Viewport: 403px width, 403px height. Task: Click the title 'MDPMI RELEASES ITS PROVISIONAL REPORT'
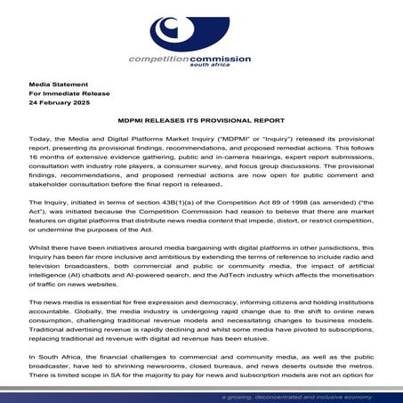click(201, 121)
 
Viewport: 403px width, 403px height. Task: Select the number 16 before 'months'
click(32, 151)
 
